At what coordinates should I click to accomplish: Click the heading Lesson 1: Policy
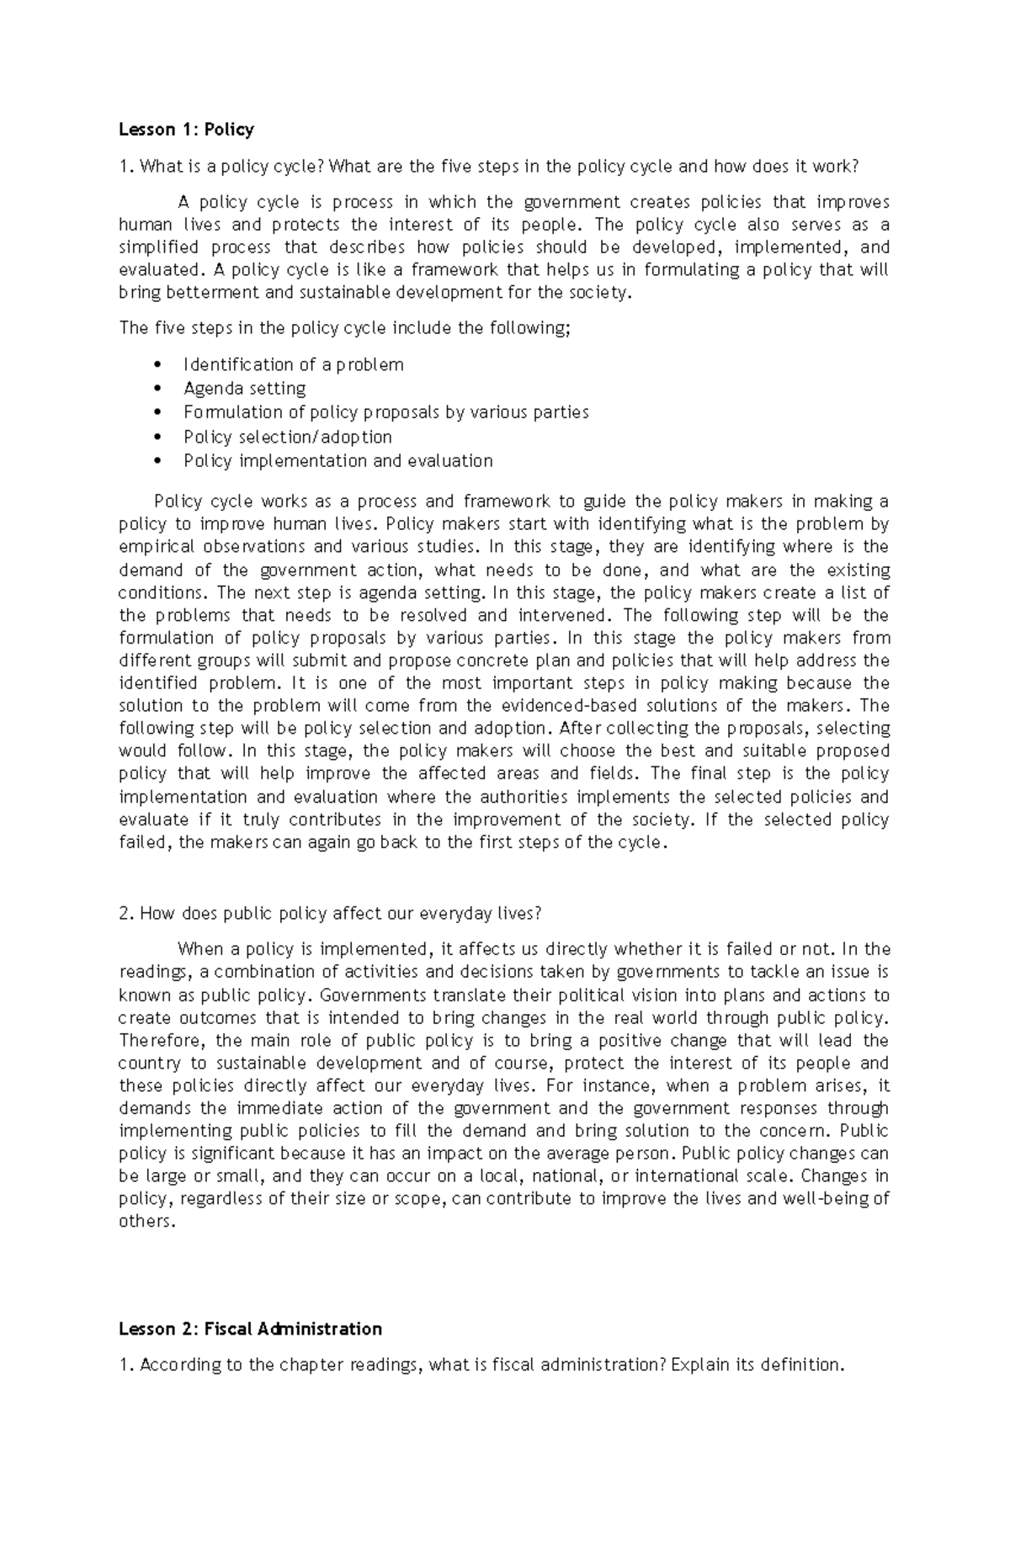(186, 130)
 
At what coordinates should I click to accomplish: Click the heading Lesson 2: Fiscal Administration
(250, 1329)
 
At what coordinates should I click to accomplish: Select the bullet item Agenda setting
(244, 389)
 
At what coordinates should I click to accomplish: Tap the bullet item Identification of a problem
(293, 364)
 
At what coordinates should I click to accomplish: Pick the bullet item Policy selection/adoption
(287, 437)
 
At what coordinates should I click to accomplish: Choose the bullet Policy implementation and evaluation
(338, 461)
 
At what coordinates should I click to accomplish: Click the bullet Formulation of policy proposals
(385, 412)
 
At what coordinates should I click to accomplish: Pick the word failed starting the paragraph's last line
(144, 843)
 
